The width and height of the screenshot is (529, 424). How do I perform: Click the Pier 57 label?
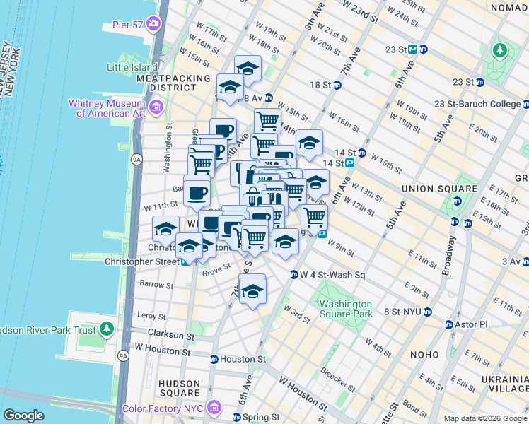click(x=127, y=24)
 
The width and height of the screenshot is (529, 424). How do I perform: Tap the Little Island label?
click(x=132, y=67)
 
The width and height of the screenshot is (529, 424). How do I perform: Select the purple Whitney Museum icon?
click(x=156, y=107)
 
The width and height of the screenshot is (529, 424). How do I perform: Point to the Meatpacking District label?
click(x=173, y=83)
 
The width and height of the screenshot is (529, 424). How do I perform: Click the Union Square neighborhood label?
click(x=438, y=189)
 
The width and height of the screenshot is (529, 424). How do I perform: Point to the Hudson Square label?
click(x=179, y=388)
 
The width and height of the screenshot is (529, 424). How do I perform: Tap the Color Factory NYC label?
click(x=163, y=408)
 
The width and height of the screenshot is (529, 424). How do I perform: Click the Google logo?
click(x=24, y=416)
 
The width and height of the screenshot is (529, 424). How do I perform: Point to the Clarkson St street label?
click(x=170, y=334)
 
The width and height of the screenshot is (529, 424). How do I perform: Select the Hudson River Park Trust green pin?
click(x=107, y=329)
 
